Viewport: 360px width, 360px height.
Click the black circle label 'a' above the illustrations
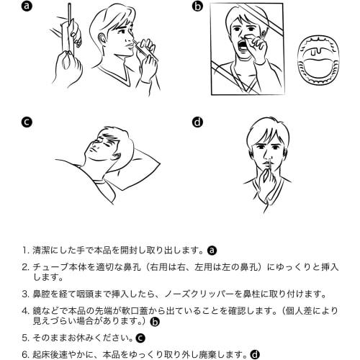tap(27, 6)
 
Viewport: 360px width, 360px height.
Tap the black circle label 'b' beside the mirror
tap(197, 6)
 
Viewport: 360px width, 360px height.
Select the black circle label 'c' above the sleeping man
tap(27, 122)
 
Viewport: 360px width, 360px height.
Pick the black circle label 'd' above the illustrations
tap(197, 122)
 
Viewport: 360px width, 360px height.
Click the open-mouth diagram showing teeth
tap(319, 60)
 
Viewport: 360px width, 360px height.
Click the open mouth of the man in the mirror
tap(241, 45)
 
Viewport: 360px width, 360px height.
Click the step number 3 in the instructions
tap(25, 294)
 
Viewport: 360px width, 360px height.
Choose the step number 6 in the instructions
tap(25, 354)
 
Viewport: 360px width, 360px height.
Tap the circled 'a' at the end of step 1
tap(212, 251)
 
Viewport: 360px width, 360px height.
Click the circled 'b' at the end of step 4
tap(154, 322)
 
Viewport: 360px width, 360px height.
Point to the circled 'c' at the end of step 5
tap(140, 338)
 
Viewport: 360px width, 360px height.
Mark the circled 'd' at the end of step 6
tap(255, 354)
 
